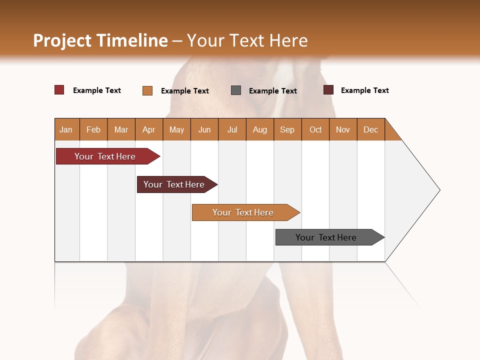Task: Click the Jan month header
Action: pos(66,129)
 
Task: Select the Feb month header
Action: pos(93,129)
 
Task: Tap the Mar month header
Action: pos(121,129)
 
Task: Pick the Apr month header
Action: pos(149,129)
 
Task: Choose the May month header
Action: pos(176,129)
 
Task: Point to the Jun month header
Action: pos(204,129)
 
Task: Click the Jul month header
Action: pos(232,129)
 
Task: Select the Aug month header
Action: pos(260,129)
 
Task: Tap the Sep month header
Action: pos(287,129)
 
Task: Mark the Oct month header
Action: pos(315,129)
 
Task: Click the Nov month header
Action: pos(343,129)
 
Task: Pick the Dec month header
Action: pos(371,129)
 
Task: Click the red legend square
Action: pos(59,90)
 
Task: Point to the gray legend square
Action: pos(236,90)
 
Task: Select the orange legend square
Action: pos(147,90)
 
